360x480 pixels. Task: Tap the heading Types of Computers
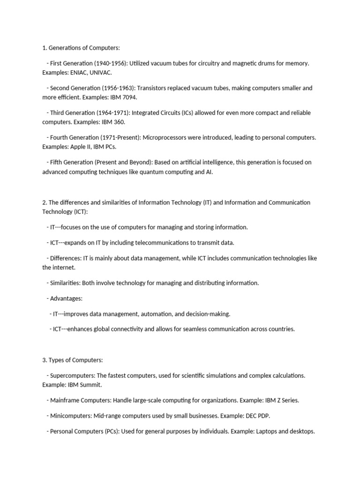click(x=75, y=360)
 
